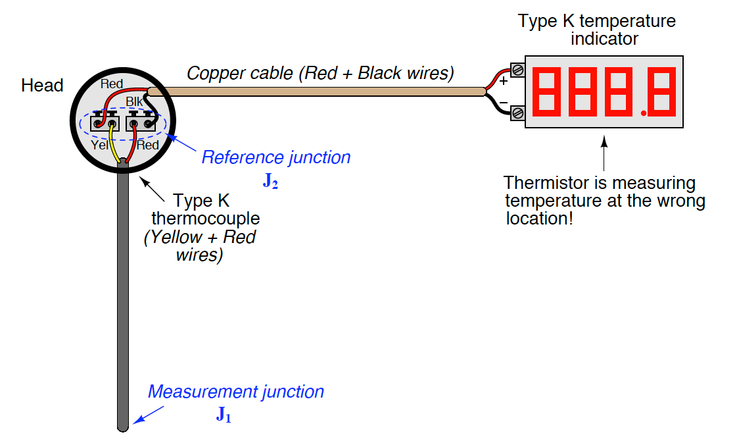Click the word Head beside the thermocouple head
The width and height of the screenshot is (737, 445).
click(x=42, y=85)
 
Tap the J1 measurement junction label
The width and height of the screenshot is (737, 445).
click(x=224, y=415)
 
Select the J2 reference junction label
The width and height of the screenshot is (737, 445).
click(x=270, y=180)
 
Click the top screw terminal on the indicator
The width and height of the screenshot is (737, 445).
click(x=517, y=70)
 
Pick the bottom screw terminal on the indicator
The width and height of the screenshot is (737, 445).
click(x=517, y=113)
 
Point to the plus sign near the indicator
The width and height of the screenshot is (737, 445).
click(x=504, y=81)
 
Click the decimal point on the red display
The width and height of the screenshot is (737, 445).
click(x=644, y=113)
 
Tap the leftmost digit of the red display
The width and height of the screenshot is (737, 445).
click(x=546, y=92)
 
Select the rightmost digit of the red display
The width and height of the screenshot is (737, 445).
click(x=662, y=92)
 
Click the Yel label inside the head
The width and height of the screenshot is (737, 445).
click(x=99, y=145)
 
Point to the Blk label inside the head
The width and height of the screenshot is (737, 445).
click(x=133, y=101)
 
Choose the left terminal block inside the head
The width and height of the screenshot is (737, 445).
click(x=105, y=122)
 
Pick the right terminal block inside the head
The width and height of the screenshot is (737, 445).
click(x=141, y=122)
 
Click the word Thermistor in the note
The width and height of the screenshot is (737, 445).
click(x=546, y=182)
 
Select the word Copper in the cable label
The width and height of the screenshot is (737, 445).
click(x=216, y=73)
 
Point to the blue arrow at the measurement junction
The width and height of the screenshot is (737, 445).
click(x=148, y=415)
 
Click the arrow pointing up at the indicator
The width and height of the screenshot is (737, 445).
click(x=604, y=153)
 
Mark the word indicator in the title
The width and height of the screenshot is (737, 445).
click(x=604, y=39)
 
